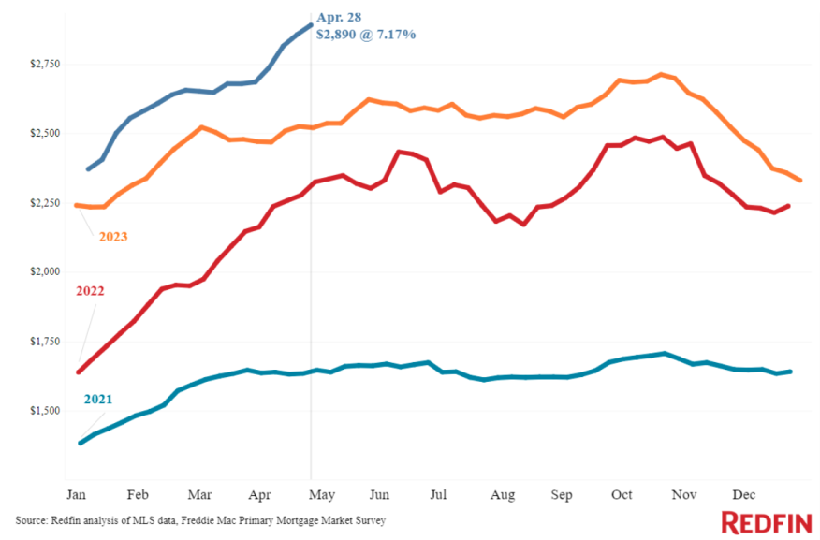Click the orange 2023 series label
(x=112, y=237)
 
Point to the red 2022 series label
(x=90, y=291)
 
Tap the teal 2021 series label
(x=97, y=400)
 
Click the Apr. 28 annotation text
(x=340, y=16)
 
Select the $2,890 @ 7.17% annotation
(x=366, y=34)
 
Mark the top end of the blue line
(x=311, y=25)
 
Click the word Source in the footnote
(x=32, y=519)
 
